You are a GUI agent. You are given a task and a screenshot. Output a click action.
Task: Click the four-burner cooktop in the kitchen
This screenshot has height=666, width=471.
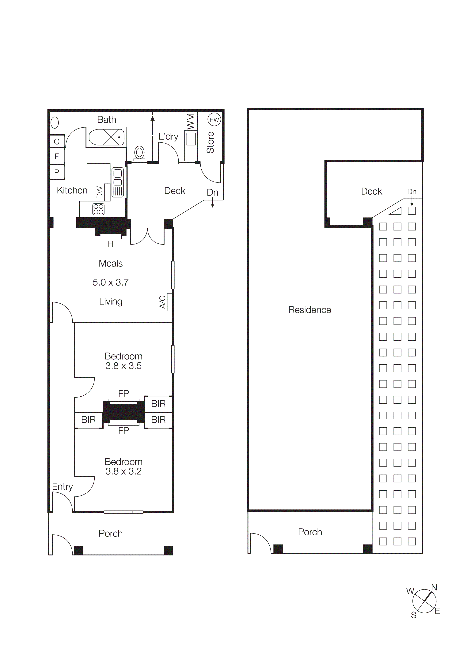point(98,209)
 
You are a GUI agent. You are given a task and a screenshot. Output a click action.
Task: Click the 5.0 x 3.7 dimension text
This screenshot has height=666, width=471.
point(111,282)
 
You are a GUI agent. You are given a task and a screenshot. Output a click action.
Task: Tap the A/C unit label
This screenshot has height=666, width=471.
point(162,302)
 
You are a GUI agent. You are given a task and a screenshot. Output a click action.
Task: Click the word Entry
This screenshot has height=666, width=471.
point(62,486)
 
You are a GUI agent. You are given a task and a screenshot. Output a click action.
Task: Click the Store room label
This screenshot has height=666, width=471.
point(210,142)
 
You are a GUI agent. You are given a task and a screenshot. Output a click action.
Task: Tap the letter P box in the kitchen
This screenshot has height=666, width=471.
point(57,172)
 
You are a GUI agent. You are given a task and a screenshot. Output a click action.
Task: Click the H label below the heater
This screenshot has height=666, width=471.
point(111,245)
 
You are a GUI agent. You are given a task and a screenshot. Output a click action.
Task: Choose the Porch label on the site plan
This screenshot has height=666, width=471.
point(310,532)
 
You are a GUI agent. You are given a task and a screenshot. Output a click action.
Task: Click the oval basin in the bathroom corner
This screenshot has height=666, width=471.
point(55,123)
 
